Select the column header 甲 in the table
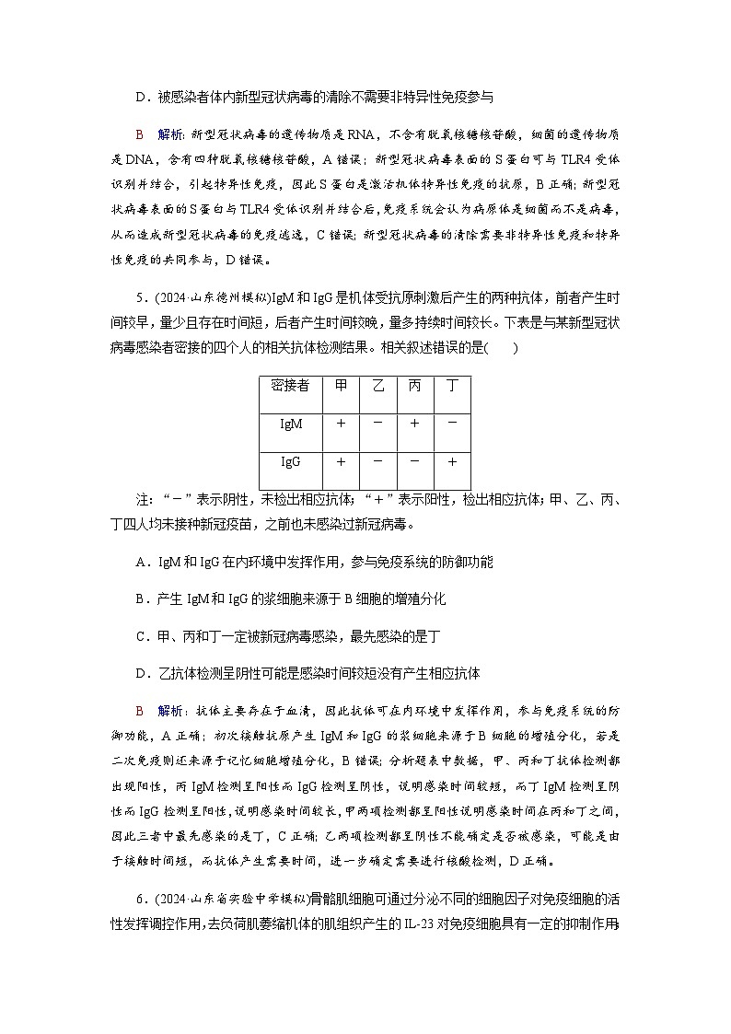click(341, 386)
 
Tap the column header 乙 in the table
click(377, 386)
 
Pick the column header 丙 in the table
click(414, 386)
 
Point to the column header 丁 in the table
click(451, 386)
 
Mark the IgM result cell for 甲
click(341, 424)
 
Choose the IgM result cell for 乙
click(377, 424)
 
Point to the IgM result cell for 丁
click(451, 424)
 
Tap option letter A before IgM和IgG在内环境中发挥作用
click(141, 562)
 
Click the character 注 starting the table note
click(143, 499)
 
